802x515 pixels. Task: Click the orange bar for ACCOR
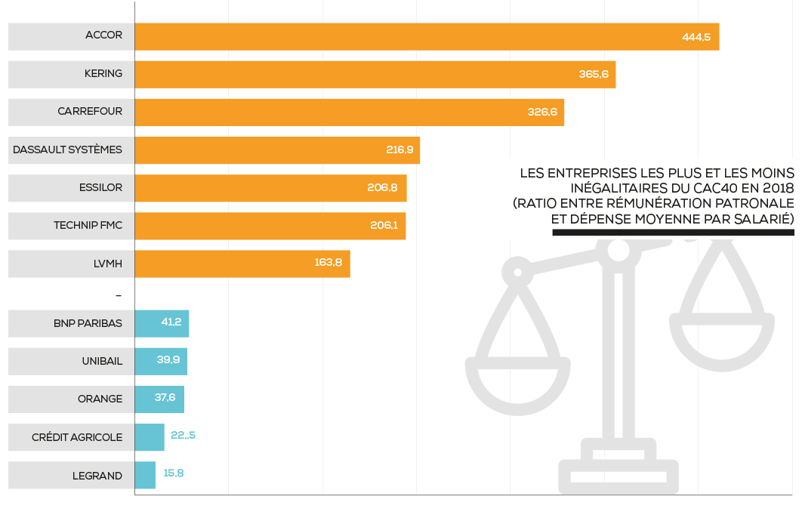[x=427, y=37]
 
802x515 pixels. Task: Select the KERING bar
[x=375, y=75]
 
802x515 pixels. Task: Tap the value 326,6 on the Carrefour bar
[x=542, y=112]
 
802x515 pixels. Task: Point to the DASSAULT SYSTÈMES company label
[x=67, y=150]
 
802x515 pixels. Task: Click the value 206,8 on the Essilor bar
[x=382, y=187]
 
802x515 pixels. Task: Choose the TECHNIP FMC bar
[x=270, y=226]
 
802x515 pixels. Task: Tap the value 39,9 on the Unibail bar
[x=168, y=360]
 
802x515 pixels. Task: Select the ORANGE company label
[x=100, y=399]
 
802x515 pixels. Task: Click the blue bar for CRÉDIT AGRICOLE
[x=149, y=437]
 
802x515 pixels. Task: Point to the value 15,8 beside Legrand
[x=174, y=474]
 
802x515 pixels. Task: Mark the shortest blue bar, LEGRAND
[x=145, y=475]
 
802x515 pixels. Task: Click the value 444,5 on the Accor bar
[x=696, y=37]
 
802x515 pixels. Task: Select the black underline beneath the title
[x=673, y=233]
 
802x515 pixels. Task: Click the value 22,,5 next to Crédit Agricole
[x=183, y=436]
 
